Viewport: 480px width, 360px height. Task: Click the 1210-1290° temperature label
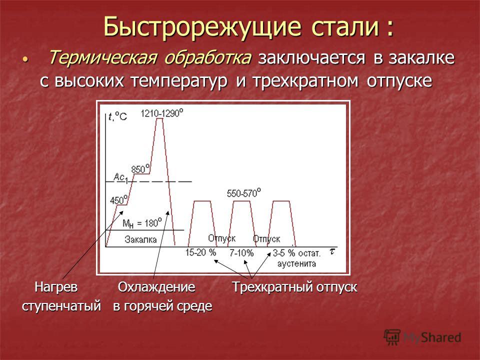[x=162, y=113]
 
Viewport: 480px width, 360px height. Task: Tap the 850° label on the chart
[x=140, y=168]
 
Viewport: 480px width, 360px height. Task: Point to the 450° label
[x=119, y=199]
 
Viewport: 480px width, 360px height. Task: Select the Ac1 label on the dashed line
[x=120, y=177]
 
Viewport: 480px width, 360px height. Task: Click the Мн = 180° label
[x=142, y=223]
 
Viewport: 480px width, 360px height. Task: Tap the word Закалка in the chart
[x=140, y=239]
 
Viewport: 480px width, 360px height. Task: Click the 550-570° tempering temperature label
[x=244, y=193]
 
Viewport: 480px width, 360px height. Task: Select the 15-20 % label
[x=201, y=252]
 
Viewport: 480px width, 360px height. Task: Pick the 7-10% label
[x=241, y=253]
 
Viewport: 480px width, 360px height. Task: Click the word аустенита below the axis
[x=296, y=263]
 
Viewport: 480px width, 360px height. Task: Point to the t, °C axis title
[x=118, y=116]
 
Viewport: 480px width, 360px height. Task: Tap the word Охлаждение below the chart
[x=156, y=287]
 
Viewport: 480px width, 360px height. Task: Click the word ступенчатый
[x=61, y=306]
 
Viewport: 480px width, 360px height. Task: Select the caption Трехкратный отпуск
[x=294, y=287]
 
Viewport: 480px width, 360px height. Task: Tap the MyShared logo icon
[x=392, y=337]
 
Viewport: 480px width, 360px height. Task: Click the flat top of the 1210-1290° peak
[x=159, y=118]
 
